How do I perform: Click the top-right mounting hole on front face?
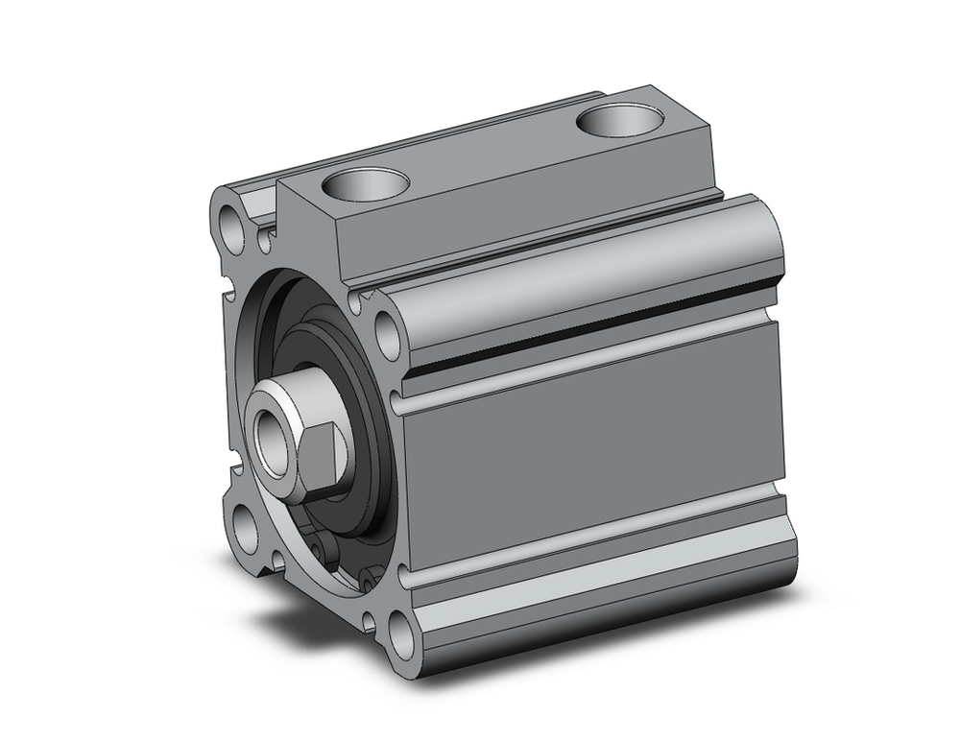pyautogui.click(x=389, y=332)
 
